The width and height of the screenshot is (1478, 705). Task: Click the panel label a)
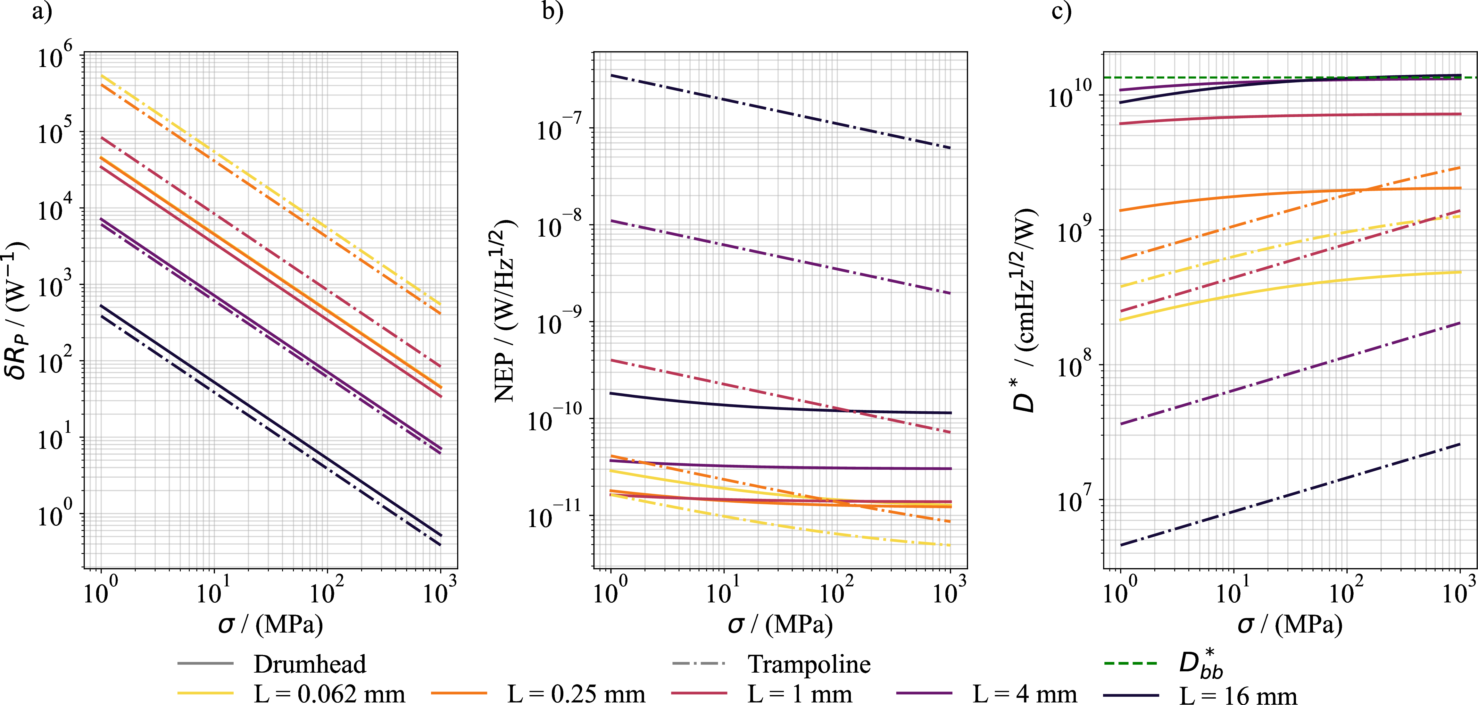point(41,12)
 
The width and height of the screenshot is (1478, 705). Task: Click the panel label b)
point(552,12)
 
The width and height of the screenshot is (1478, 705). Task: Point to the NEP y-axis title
point(505,310)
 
